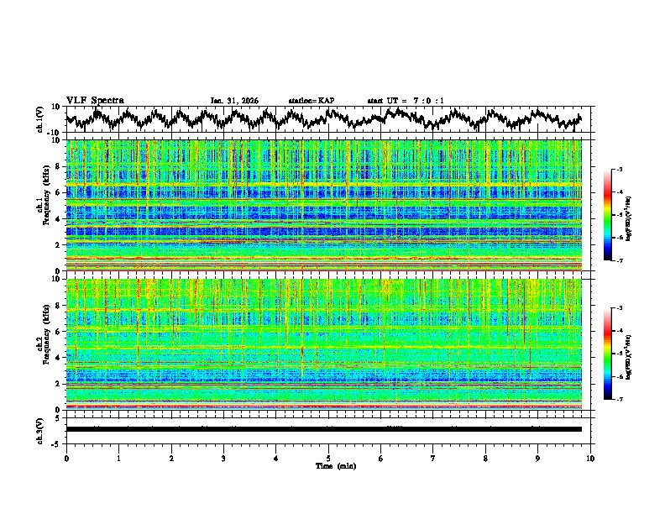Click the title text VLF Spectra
point(95,101)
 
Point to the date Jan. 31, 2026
point(234,101)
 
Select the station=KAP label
point(312,101)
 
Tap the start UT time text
point(406,101)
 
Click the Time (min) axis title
point(328,465)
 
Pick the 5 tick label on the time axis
point(328,458)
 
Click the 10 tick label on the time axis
point(590,458)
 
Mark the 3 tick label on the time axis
point(223,458)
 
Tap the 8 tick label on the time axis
point(485,458)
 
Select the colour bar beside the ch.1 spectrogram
point(616,215)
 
